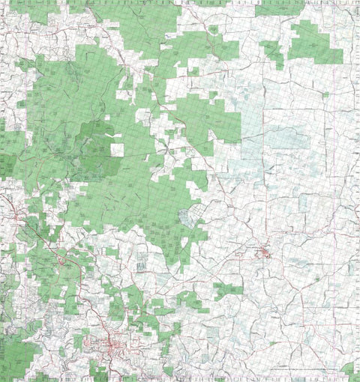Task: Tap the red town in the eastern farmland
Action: [264, 253]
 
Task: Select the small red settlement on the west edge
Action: [13, 217]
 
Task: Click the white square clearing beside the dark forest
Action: [117, 149]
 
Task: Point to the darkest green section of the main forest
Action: [94, 146]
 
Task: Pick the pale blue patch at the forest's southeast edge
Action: [193, 217]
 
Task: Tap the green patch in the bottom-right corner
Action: [349, 369]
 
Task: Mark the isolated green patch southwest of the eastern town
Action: [228, 291]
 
